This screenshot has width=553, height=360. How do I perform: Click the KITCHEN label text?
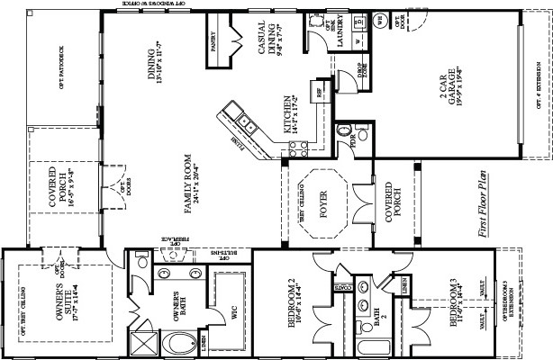pyautogui.click(x=289, y=115)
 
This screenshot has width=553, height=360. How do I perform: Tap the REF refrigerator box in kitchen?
pyautogui.click(x=320, y=90)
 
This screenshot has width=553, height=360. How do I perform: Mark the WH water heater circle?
pyautogui.click(x=379, y=19)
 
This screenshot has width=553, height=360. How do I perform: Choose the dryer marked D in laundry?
pyautogui.click(x=358, y=19)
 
